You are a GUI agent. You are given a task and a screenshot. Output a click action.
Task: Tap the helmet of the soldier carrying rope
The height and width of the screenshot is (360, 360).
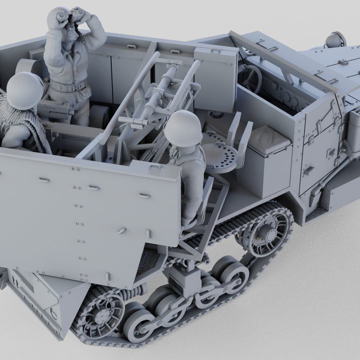click(24, 90)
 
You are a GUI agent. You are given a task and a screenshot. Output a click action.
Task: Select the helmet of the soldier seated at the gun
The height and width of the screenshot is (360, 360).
click(182, 128)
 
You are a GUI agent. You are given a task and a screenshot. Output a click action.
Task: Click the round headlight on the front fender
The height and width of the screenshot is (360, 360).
click(335, 39)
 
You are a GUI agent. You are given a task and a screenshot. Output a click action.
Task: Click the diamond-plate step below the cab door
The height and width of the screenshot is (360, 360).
click(316, 213)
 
